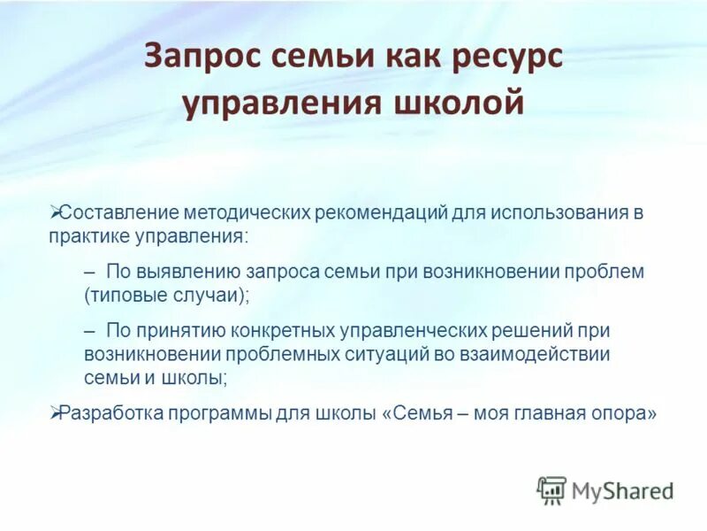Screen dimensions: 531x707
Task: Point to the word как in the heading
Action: tap(409, 59)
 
